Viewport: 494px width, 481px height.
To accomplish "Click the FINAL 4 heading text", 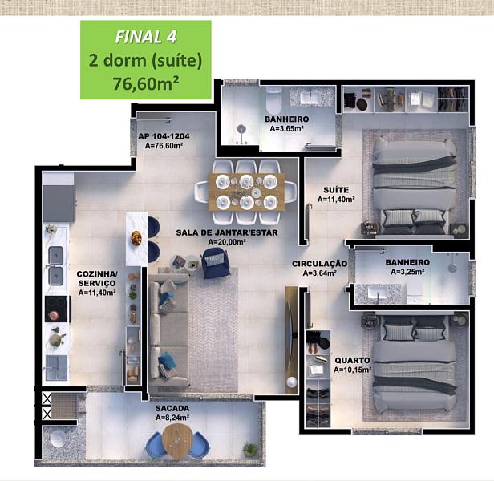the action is pos(146,37).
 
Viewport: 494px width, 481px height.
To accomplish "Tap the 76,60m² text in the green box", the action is pos(146,83).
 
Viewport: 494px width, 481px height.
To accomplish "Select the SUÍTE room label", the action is pos(336,190).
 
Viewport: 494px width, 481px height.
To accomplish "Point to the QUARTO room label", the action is pos(352,360).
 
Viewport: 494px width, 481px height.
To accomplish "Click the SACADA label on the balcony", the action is pos(172,408).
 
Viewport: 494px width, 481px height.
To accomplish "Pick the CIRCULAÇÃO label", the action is pos(319,264).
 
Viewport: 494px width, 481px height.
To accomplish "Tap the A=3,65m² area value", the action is pos(287,128).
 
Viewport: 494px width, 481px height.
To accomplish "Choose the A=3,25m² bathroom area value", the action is pos(407,272).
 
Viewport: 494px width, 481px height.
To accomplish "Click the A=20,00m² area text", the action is pos(227,242).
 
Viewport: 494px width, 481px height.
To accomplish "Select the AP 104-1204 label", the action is pos(164,136).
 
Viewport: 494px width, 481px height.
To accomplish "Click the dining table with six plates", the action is pos(247,192).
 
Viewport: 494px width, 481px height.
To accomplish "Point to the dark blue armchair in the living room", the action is pos(214,263).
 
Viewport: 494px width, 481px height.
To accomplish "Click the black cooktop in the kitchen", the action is pos(56,309).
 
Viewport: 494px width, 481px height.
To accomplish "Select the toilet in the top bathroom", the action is pos(273,101).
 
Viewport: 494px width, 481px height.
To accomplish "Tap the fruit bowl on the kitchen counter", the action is pos(136,238).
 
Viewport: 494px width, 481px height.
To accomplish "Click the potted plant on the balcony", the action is pos(250,448).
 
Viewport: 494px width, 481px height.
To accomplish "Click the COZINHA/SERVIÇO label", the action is pos(97,278).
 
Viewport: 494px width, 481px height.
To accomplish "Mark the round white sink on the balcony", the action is pos(57,439).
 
